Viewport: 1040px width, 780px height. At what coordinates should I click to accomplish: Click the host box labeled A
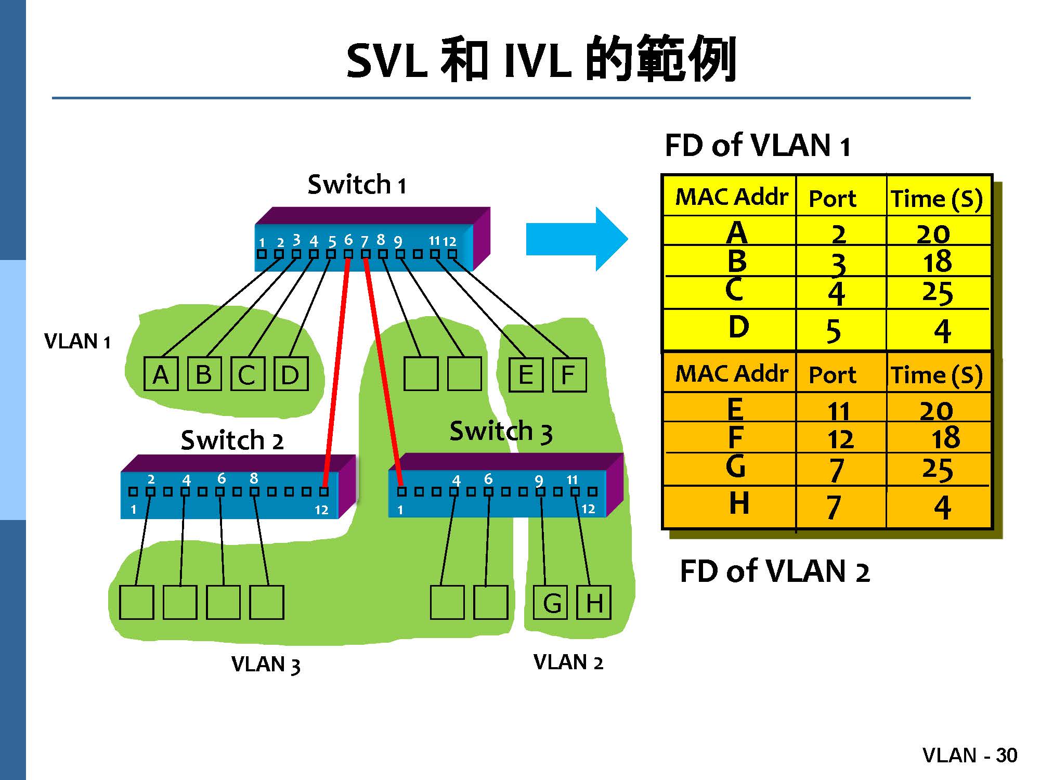(161, 374)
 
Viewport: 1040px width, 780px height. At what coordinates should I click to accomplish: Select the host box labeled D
(291, 374)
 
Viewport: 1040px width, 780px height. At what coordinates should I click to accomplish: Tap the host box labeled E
(526, 374)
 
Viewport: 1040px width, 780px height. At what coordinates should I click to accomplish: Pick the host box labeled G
(551, 603)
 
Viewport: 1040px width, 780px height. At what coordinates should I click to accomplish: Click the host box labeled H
(594, 603)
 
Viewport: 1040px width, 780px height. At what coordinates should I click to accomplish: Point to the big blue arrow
(576, 239)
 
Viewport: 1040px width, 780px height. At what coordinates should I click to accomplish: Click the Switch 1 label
(357, 185)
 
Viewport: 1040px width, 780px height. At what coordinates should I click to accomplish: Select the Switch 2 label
(232, 440)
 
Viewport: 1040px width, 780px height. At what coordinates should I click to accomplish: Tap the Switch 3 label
(500, 432)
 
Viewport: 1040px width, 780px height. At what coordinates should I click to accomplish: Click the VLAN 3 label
(266, 665)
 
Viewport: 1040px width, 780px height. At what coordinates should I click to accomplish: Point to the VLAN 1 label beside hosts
(77, 342)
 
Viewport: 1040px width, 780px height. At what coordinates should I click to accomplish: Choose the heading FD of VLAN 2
(774, 571)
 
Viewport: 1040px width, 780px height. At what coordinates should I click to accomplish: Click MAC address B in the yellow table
(737, 261)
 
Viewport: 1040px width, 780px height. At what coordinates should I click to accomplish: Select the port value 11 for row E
(838, 411)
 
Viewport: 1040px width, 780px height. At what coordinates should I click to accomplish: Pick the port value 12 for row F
(840, 439)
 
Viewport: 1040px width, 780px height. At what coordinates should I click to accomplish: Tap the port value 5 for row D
(834, 331)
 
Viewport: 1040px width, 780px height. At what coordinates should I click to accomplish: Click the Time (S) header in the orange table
(937, 375)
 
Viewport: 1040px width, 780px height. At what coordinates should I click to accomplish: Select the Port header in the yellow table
(833, 199)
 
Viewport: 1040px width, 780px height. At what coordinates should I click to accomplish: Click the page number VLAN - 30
(969, 755)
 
